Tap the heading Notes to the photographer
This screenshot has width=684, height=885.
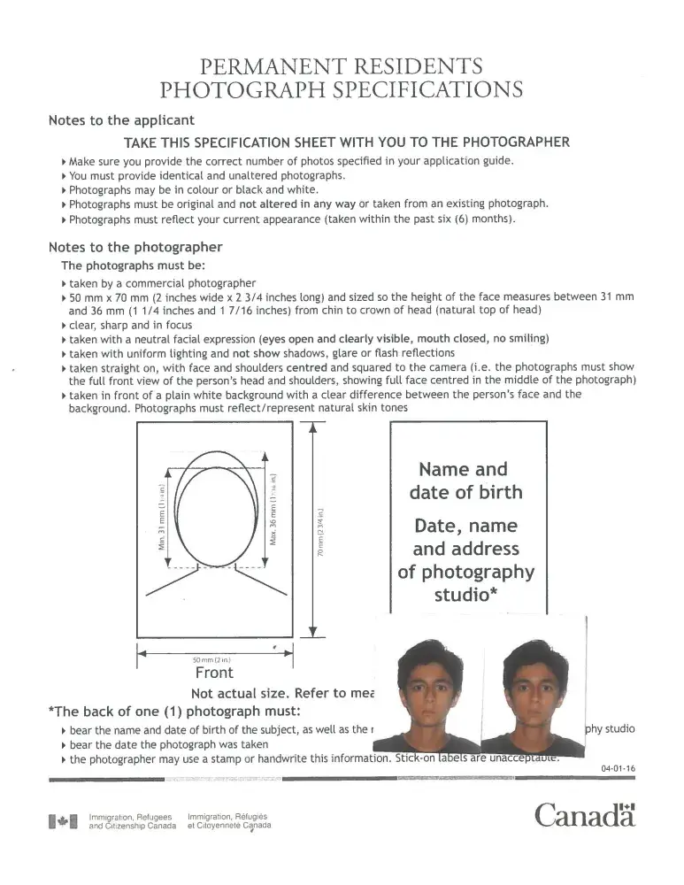[x=135, y=247]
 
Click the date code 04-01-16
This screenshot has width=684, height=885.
[x=618, y=768]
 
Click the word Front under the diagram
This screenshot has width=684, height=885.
[x=214, y=673]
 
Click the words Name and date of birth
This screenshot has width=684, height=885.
[x=465, y=480]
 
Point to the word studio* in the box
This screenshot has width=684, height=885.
[x=465, y=594]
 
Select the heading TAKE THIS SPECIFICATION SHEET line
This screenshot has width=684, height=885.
[x=346, y=142]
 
